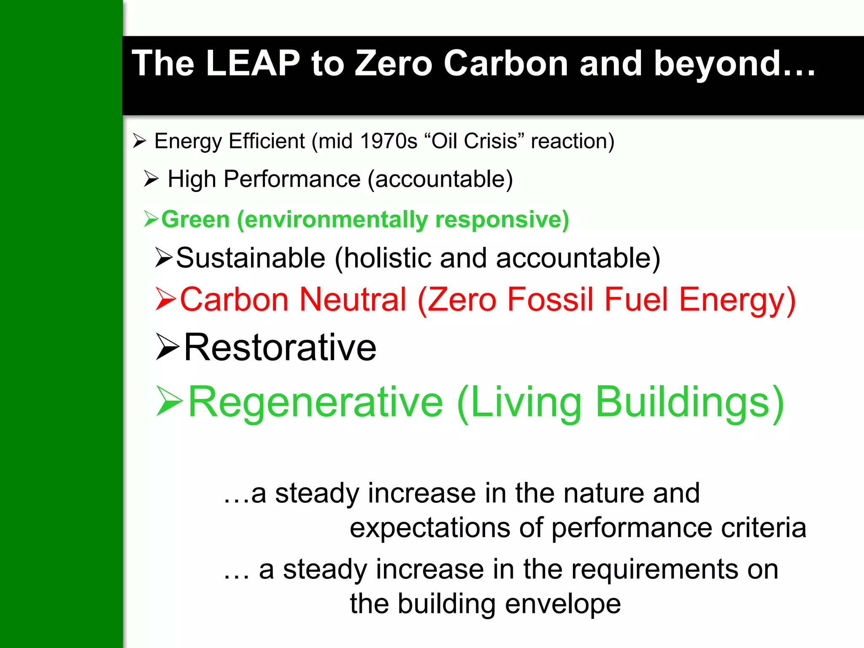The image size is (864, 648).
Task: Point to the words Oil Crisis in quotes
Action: click(x=474, y=141)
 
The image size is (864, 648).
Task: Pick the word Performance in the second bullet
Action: click(x=292, y=179)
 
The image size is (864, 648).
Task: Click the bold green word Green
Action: click(x=195, y=219)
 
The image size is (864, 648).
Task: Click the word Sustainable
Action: click(x=251, y=258)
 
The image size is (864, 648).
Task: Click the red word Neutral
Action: click(x=353, y=299)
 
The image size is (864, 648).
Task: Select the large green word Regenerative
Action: click(x=316, y=402)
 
